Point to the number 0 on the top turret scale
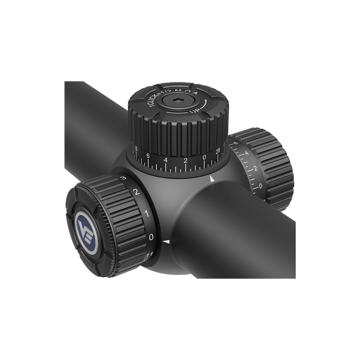[x=205, y=157]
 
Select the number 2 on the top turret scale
[x=185, y=160]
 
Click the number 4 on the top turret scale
[x=166, y=160]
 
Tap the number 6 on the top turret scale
[x=148, y=156]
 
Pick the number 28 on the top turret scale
[x=219, y=152]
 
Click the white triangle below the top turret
[x=212, y=180]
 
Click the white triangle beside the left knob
[x=166, y=243]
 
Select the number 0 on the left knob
[x=151, y=236]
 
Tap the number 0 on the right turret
[x=261, y=186]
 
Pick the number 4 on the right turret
[x=246, y=154]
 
